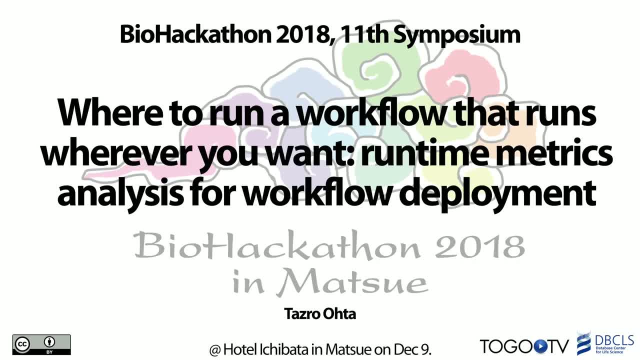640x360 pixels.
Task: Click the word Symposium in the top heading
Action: tap(457, 35)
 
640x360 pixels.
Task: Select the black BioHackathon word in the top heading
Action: tap(195, 34)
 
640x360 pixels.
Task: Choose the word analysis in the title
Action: tap(120, 194)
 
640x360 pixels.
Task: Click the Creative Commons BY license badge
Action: tap(41, 345)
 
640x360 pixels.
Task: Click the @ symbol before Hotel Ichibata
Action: tap(215, 349)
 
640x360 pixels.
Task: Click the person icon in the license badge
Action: tap(49, 342)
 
